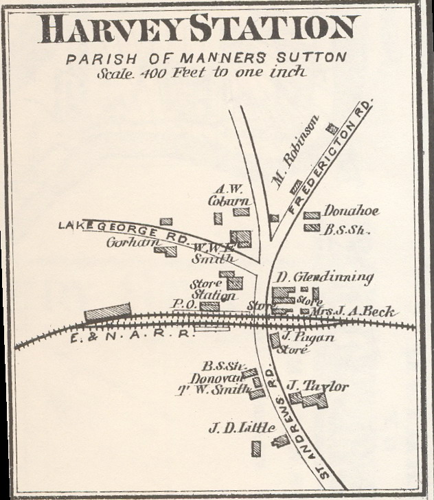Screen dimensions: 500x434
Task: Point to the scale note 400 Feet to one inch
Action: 201,72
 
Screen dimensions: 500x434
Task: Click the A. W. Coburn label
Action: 230,195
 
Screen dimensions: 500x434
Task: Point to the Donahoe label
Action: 351,212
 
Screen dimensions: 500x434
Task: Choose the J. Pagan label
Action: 299,337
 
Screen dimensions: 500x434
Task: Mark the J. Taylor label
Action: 317,387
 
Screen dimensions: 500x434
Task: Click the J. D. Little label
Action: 242,429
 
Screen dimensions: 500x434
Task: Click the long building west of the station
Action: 108,312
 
